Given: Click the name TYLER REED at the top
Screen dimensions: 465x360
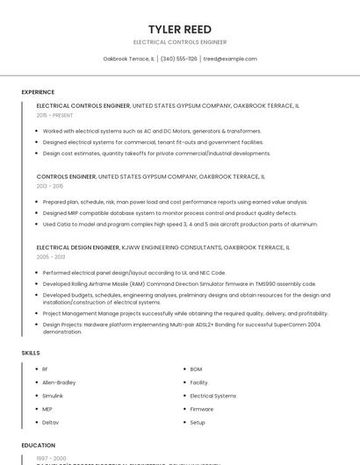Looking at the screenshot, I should click(180, 29).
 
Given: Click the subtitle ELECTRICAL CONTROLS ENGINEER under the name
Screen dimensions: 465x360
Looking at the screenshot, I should click(180, 42).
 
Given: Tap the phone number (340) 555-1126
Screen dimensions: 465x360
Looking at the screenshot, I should click(178, 59).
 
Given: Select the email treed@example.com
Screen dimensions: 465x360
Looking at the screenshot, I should click(230, 59).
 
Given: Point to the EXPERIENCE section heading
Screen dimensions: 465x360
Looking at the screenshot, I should click(38, 92).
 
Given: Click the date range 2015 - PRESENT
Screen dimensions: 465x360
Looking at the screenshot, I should click(54, 115).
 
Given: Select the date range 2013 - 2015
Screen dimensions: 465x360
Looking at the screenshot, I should click(50, 186).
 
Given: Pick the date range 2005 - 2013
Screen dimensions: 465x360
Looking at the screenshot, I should click(50, 257).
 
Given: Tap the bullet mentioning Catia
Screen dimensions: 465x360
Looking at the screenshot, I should click(180, 224).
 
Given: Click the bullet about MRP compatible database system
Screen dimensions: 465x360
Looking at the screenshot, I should click(169, 213).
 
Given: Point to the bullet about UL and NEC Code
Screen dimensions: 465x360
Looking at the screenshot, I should click(133, 273).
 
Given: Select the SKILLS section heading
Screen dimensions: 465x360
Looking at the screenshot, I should click(31, 353).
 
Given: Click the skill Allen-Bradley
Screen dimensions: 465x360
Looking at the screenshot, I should click(59, 383).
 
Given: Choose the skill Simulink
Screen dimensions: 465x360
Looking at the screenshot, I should click(53, 396).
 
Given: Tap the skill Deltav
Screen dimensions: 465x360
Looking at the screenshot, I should click(50, 423).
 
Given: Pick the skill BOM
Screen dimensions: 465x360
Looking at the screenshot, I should click(196, 369).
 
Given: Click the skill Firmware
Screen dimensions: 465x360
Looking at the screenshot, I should click(201, 409).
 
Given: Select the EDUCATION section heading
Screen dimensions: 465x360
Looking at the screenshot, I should click(39, 446).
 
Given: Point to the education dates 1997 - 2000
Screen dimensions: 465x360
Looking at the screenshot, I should click(51, 458).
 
